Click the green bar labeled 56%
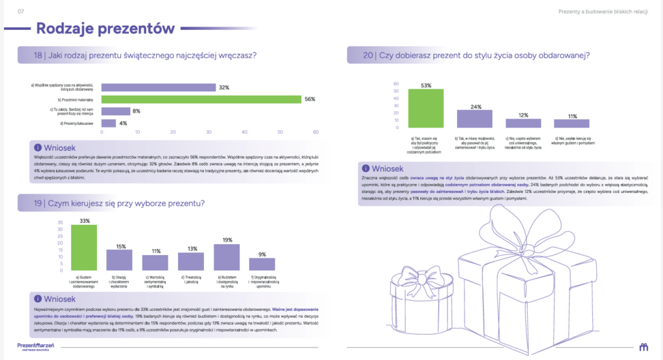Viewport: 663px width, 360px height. tap(201, 99)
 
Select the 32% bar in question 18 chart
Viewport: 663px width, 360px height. tap(159, 87)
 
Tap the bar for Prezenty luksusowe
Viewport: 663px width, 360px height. tap(109, 123)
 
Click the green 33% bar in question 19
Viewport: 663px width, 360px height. tap(84, 247)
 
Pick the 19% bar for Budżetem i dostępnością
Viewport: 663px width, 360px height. tap(227, 257)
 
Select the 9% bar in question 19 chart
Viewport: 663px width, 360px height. tap(262, 264)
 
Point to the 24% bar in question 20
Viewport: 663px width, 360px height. tap(475, 118)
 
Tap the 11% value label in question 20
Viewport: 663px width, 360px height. tap(572, 117)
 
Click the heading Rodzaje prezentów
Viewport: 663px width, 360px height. tap(106, 28)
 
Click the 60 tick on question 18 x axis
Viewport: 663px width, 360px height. tap(315, 132)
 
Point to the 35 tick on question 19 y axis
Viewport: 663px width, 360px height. tap(61, 221)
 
